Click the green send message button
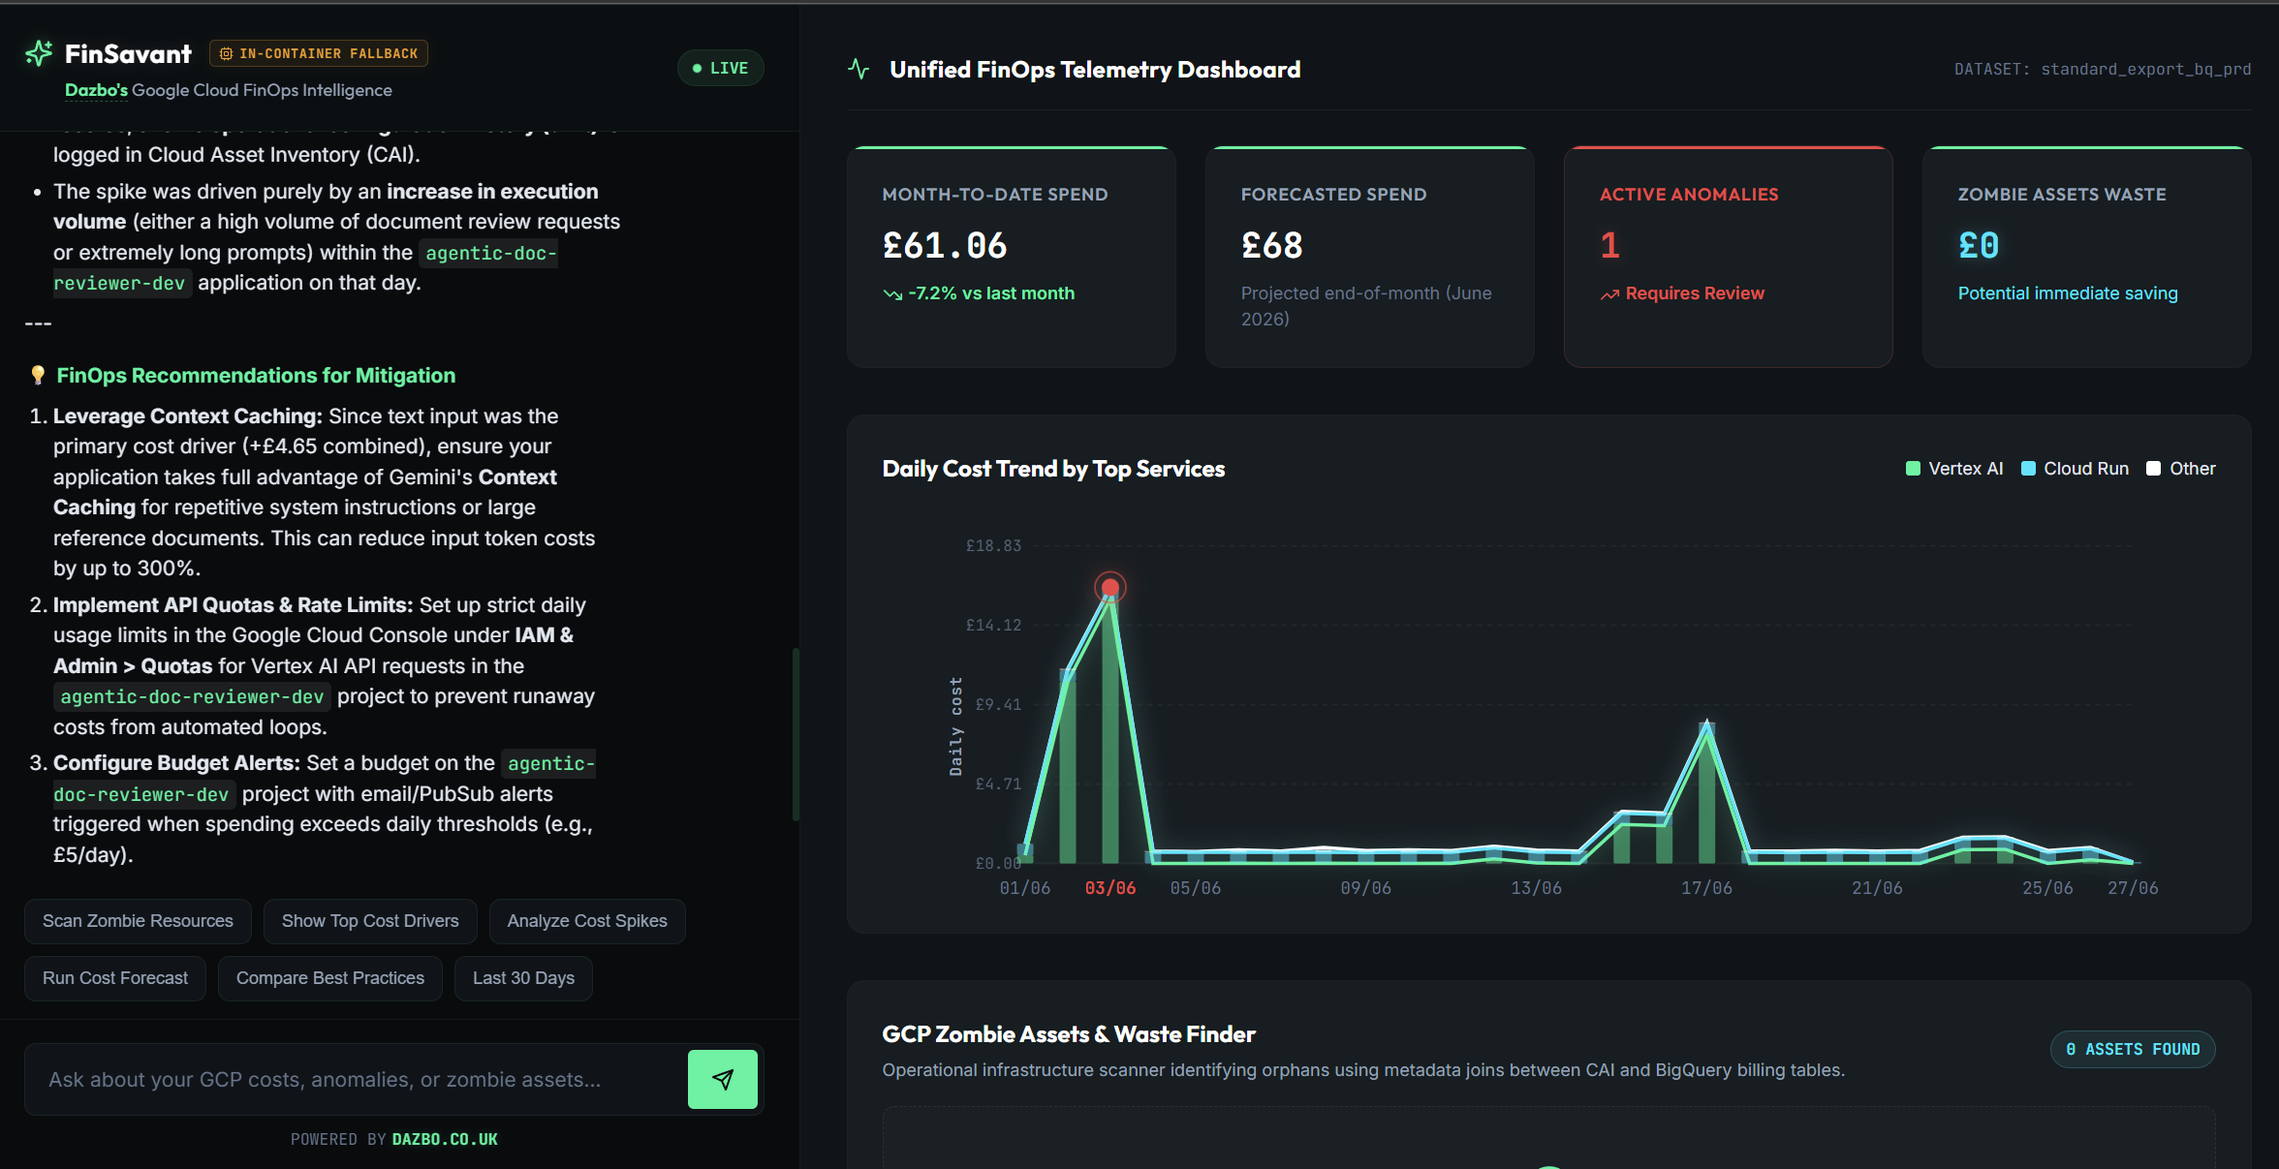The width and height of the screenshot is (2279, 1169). click(x=722, y=1079)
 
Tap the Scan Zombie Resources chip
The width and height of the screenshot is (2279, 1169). click(x=138, y=921)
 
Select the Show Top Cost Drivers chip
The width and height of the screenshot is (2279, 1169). click(x=370, y=921)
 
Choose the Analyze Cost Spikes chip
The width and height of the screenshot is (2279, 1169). click(x=587, y=921)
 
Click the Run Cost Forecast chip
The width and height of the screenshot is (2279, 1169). click(x=115, y=978)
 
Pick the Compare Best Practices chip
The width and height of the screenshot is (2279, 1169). click(x=330, y=978)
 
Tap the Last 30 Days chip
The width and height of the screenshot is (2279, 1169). click(x=523, y=978)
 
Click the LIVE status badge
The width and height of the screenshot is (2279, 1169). click(x=720, y=68)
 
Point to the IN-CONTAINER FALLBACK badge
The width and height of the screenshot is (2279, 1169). click(x=319, y=53)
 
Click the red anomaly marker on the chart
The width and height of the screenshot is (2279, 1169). click(x=1110, y=587)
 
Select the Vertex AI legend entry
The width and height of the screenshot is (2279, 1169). click(x=1954, y=469)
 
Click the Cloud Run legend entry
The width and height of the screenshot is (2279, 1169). click(x=2076, y=469)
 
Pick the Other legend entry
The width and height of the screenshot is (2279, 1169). click(x=2181, y=469)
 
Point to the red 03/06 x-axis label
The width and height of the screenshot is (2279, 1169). click(x=1110, y=888)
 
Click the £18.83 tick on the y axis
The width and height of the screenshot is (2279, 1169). click(x=993, y=546)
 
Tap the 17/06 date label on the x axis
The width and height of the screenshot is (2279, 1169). click(x=1706, y=888)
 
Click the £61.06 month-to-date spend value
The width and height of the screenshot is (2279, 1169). click(x=945, y=246)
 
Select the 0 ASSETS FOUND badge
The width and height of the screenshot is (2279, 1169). click(x=2133, y=1050)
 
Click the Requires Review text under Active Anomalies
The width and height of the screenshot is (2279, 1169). click(x=1695, y=293)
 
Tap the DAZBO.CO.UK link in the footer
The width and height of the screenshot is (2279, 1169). click(x=445, y=1140)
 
